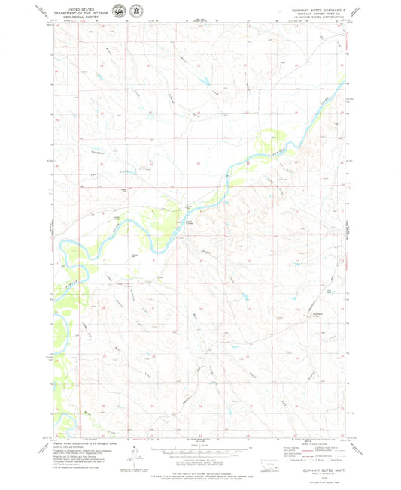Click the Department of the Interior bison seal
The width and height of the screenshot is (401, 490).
[120, 11]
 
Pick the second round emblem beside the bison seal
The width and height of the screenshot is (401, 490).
[135, 11]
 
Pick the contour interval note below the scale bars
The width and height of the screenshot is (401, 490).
[199, 464]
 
